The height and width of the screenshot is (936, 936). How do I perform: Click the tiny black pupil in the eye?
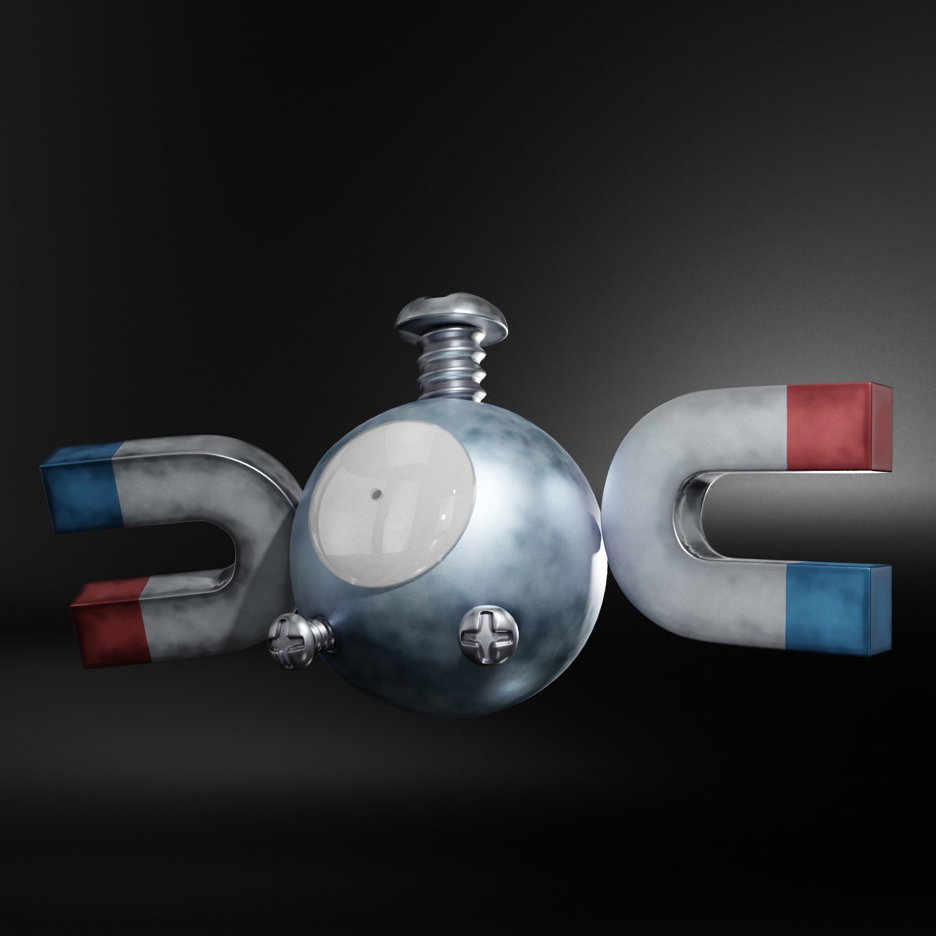click(x=376, y=494)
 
